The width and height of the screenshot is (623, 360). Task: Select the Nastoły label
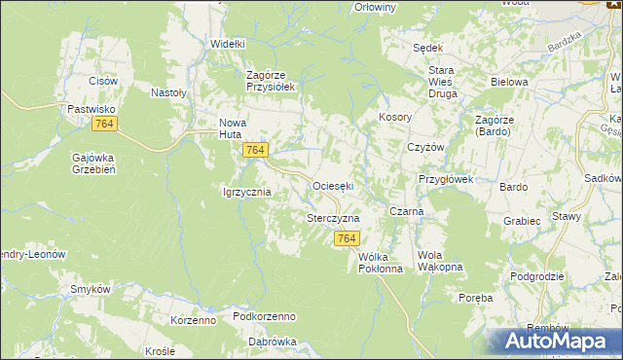pos(168,93)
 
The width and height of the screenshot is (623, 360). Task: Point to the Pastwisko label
pos(92,110)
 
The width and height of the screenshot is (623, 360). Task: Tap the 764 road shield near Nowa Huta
pos(255,149)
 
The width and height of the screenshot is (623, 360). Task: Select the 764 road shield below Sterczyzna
pos(347,238)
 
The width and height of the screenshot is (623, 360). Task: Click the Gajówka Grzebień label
pos(94,163)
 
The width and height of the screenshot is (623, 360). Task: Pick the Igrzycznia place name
pos(246,193)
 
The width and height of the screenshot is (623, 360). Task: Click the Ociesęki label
pos(332,185)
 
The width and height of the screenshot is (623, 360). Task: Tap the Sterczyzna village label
pos(333,219)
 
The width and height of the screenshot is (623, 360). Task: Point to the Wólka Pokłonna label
pos(380,263)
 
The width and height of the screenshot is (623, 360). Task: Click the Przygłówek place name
pos(445,179)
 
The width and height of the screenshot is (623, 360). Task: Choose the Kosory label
pos(396,117)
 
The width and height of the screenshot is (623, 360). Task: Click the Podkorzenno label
pos(265,317)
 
